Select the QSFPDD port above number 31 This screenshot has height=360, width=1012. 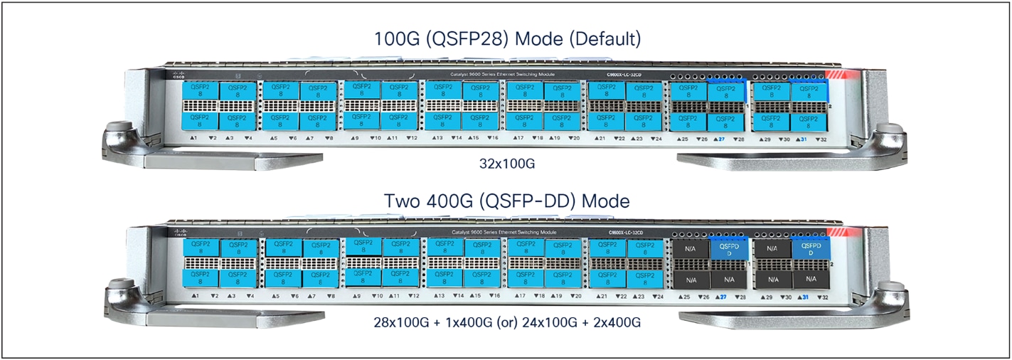pos(811,250)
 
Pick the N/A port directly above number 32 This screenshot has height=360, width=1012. pos(811,279)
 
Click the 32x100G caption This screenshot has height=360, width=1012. pos(507,164)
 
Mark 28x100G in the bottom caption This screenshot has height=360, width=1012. pos(403,322)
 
